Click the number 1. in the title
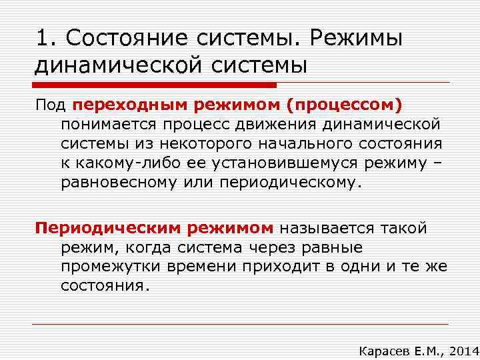pyautogui.click(x=47, y=38)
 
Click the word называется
pyautogui.click(x=328, y=229)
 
